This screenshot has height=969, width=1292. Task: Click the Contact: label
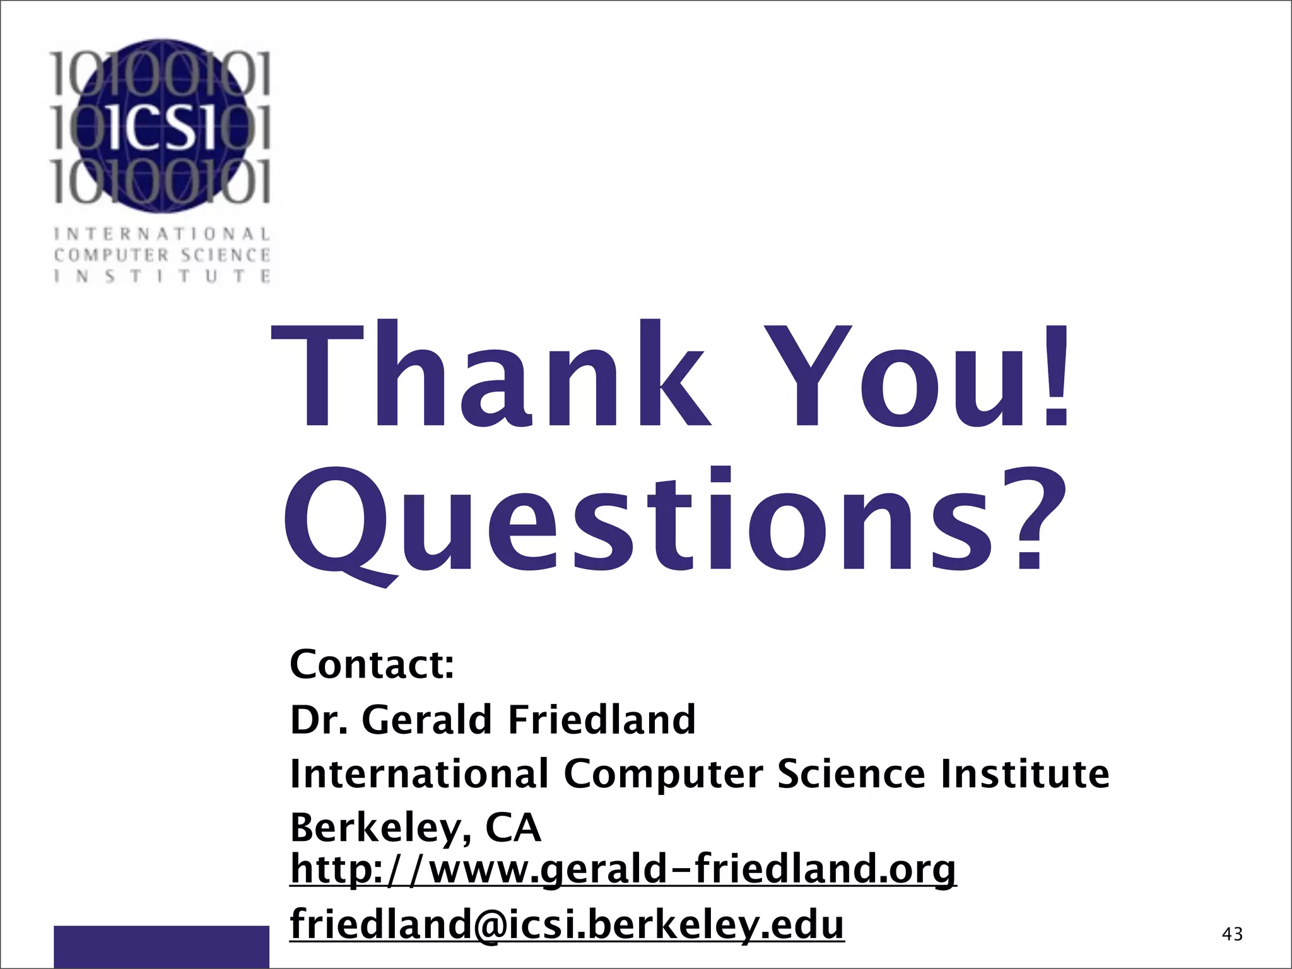click(x=372, y=664)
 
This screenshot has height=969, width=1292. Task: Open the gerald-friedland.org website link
click(x=623, y=870)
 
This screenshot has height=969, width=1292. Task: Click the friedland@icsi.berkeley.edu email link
click(x=567, y=924)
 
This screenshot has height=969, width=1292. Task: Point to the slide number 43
click(x=1232, y=934)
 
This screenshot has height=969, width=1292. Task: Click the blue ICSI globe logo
click(x=161, y=126)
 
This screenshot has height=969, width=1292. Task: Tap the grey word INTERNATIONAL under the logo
click(x=162, y=235)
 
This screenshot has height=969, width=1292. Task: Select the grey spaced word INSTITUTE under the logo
click(x=162, y=276)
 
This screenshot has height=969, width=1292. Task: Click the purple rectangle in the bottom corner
click(x=161, y=946)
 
